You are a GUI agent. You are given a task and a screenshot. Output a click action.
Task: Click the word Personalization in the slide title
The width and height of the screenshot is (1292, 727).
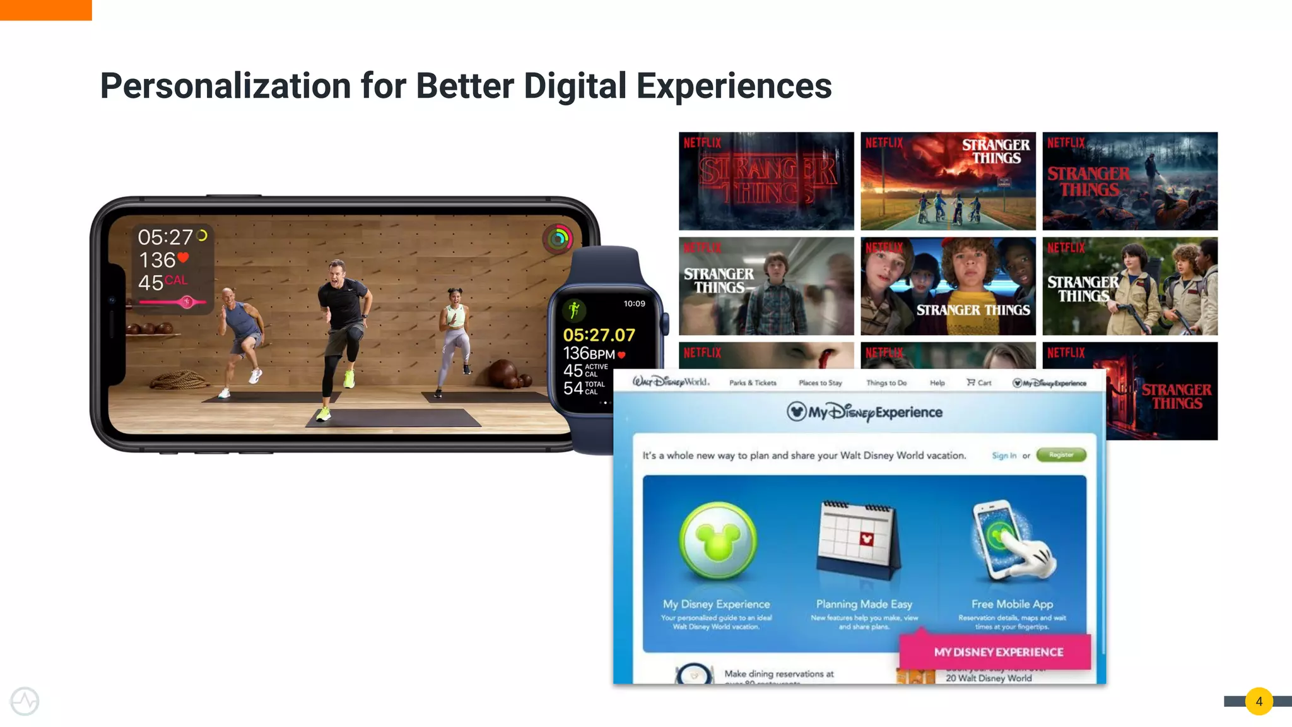pyautogui.click(x=225, y=86)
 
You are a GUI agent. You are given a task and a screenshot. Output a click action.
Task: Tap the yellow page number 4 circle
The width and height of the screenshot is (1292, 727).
pyautogui.click(x=1259, y=701)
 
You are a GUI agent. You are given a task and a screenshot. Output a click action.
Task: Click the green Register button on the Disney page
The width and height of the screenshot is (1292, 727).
pyautogui.click(x=1061, y=455)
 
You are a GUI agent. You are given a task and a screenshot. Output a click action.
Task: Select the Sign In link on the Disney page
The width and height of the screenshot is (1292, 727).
pyautogui.click(x=1004, y=456)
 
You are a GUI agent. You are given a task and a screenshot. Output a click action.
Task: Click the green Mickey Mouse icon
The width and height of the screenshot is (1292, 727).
pyautogui.click(x=718, y=541)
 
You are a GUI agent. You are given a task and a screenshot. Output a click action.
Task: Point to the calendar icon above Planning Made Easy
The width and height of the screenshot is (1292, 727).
pyautogui.click(x=858, y=540)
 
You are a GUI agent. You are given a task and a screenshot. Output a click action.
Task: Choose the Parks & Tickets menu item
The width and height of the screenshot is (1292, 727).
pyautogui.click(x=753, y=383)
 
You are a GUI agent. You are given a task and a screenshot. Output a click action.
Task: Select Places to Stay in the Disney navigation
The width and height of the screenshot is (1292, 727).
pyautogui.click(x=820, y=383)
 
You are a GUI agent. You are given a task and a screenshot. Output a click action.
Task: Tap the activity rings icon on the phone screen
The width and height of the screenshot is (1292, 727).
pyautogui.click(x=558, y=239)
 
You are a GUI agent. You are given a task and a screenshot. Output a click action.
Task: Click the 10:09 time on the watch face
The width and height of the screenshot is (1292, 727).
pyautogui.click(x=634, y=304)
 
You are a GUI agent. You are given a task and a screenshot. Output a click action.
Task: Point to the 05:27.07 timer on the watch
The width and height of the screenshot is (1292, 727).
pyautogui.click(x=599, y=335)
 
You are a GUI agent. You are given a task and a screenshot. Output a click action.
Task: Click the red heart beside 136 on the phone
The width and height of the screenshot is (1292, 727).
pyautogui.click(x=183, y=257)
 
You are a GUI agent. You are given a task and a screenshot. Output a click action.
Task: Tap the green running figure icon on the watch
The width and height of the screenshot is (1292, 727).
pyautogui.click(x=574, y=309)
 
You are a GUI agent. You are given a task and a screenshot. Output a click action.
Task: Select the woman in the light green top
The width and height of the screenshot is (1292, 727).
pyautogui.click(x=454, y=334)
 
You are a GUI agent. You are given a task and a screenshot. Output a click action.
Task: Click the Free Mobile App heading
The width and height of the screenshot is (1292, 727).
pyautogui.click(x=1012, y=604)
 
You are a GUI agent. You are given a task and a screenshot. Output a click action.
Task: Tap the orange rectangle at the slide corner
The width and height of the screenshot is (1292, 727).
pyautogui.click(x=45, y=9)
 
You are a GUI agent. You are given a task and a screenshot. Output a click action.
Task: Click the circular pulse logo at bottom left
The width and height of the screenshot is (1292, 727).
pyautogui.click(x=25, y=701)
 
